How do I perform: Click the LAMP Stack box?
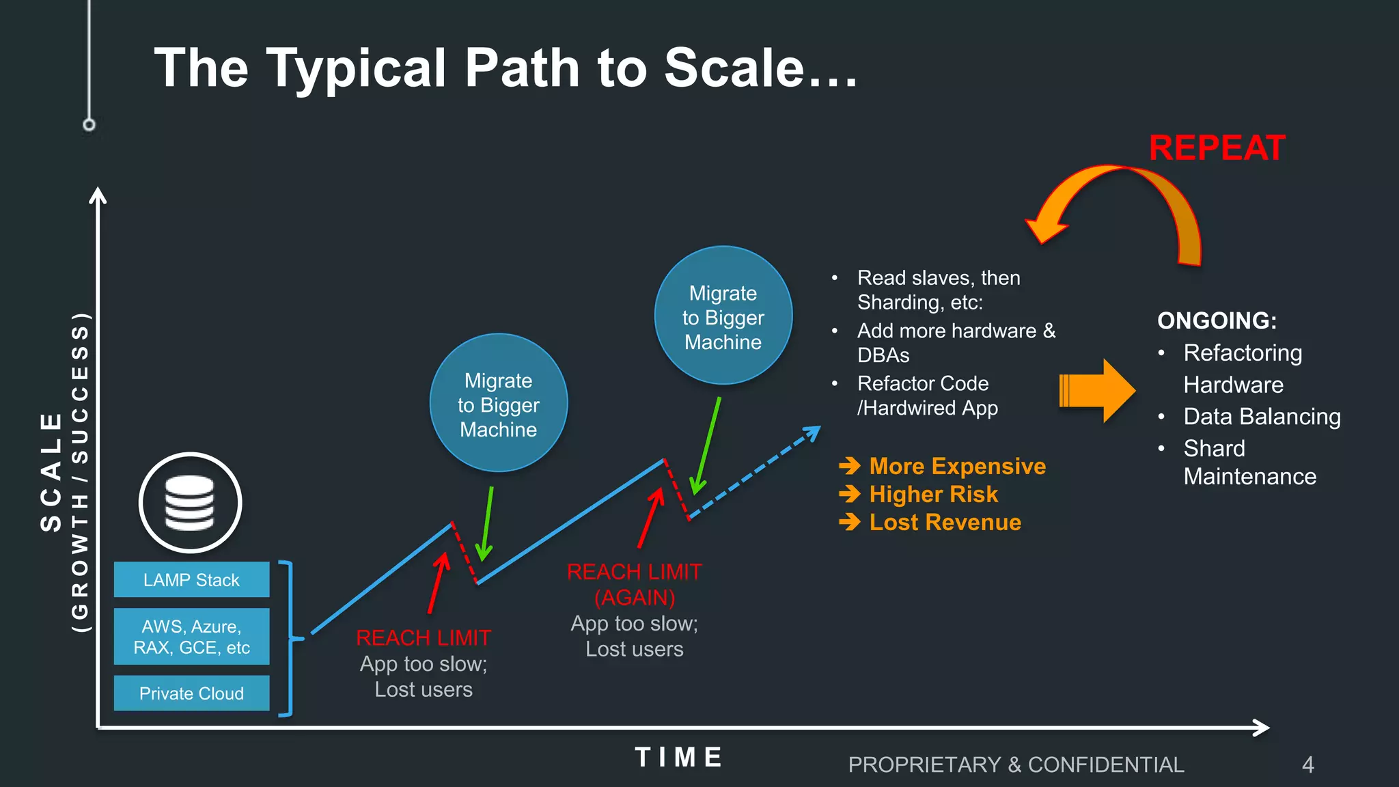click(x=191, y=580)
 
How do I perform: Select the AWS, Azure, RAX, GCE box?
click(x=191, y=637)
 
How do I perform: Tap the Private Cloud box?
click(x=191, y=693)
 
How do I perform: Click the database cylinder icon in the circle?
click(x=190, y=503)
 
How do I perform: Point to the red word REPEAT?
click(x=1217, y=148)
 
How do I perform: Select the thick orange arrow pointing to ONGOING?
click(x=1096, y=391)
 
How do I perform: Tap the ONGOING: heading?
click(x=1217, y=320)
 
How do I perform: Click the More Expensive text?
click(x=957, y=466)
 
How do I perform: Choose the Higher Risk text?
click(x=933, y=494)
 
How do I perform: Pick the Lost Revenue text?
click(x=945, y=523)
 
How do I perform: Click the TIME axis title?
click(x=679, y=757)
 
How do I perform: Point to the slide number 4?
click(x=1307, y=764)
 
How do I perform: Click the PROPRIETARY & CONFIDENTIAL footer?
click(x=1016, y=764)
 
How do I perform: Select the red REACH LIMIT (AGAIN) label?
click(x=634, y=584)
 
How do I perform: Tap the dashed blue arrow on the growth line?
click(x=755, y=473)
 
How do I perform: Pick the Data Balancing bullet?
click(x=1261, y=417)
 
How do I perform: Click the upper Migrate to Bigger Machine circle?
click(x=723, y=316)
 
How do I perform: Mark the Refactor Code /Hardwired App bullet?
click(x=926, y=396)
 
